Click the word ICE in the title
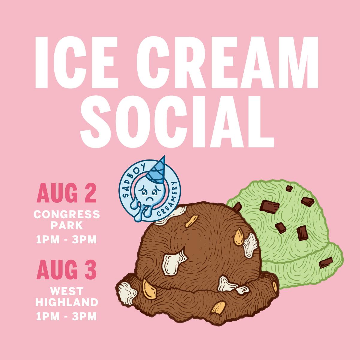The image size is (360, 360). tap(75, 61)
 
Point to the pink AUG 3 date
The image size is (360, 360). tap(67, 269)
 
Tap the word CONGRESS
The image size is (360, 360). tap(67, 214)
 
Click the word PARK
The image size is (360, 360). tap(67, 225)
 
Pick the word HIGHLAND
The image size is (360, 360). tap(67, 302)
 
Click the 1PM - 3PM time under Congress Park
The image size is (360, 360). tap(67, 240)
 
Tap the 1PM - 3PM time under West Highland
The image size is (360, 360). tap(67, 316)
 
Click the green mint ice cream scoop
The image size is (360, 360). tap(300, 228)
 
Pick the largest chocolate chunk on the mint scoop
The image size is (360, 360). tap(270, 206)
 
